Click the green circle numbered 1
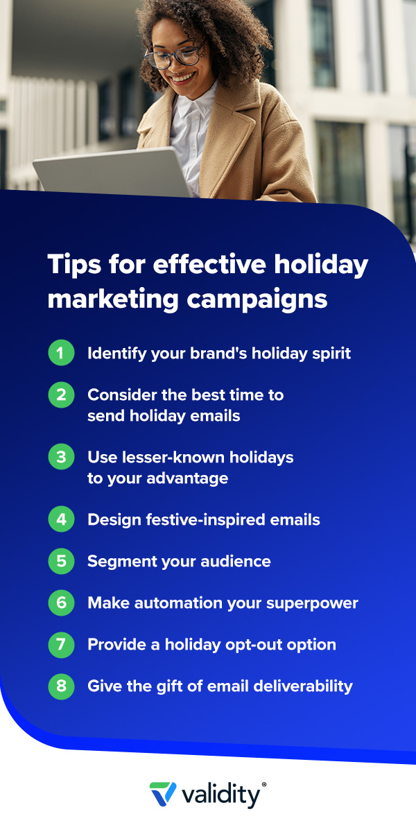click(61, 352)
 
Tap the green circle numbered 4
click(61, 519)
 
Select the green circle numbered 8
click(61, 686)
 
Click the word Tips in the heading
click(74, 265)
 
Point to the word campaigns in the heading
click(257, 300)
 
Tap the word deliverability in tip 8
click(303, 686)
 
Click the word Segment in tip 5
click(123, 562)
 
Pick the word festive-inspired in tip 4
click(205, 519)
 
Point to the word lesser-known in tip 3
click(173, 457)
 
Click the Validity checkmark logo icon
click(163, 794)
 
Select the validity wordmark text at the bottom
click(221, 795)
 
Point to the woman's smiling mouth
click(183, 78)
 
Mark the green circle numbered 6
click(61, 603)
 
